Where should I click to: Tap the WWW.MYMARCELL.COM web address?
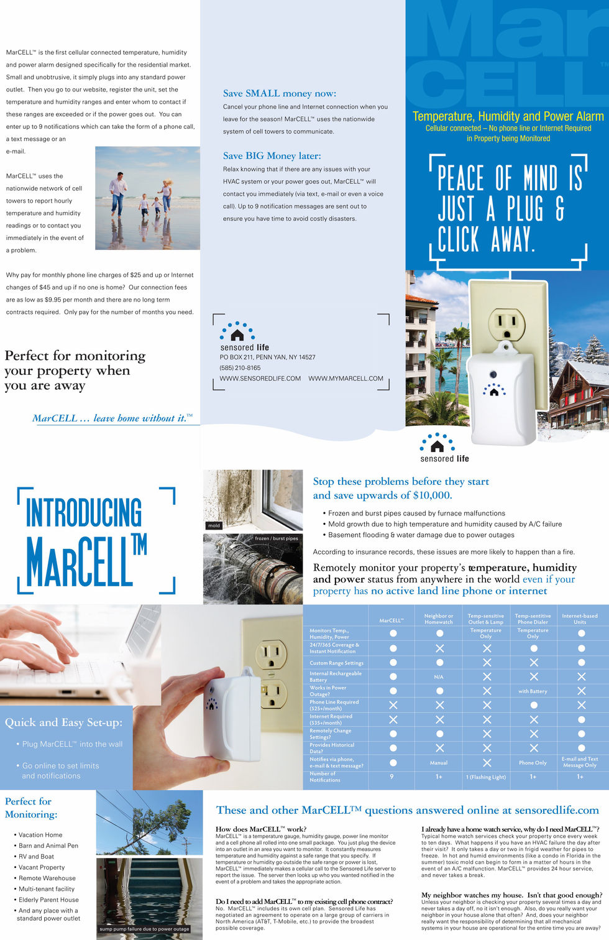[346, 379]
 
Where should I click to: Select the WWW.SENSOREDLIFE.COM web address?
[260, 379]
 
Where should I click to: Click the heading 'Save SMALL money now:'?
[279, 94]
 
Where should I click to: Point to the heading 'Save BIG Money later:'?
[272, 156]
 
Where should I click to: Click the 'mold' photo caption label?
[214, 525]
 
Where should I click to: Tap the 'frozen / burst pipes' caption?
[276, 538]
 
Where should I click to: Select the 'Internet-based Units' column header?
[579, 619]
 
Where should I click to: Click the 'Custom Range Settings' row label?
[336, 663]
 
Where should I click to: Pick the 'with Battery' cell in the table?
[533, 691]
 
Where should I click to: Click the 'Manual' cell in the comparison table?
[439, 763]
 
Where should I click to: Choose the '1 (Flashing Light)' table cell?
[486, 777]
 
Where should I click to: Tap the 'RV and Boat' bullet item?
[36, 857]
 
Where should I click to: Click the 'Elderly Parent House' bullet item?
[48, 900]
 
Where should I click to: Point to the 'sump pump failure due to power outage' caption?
[144, 929]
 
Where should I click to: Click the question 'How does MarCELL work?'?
[260, 829]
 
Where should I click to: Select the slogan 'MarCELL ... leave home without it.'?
[112, 418]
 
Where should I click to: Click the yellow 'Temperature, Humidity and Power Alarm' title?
[508, 116]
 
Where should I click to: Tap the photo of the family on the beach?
[147, 198]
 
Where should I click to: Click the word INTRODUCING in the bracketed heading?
[83, 512]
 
